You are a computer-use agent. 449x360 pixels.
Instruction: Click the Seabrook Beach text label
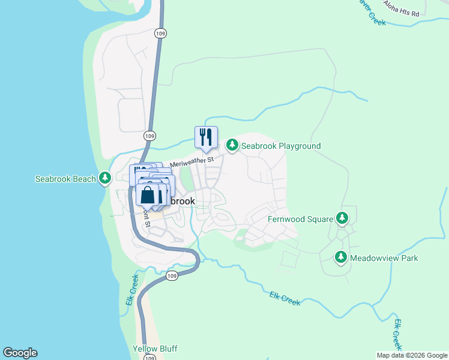[x=65, y=179]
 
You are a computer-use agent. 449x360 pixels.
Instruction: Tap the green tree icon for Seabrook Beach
[x=105, y=178]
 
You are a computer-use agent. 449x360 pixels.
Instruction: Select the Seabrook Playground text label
[x=281, y=146]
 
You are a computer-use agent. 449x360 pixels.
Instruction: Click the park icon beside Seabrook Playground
[x=232, y=145]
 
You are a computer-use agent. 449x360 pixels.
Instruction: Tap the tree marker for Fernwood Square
[x=342, y=218]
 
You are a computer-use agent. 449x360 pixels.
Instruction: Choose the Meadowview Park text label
[x=384, y=258]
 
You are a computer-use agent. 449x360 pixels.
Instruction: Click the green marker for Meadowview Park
[x=341, y=257]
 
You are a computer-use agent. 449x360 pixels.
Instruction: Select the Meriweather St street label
[x=191, y=162]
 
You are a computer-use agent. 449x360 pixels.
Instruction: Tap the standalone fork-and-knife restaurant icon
[x=206, y=137]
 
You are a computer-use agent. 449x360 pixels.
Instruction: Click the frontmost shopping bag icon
[x=148, y=195]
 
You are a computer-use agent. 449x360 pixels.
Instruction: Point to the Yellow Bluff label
[x=155, y=349]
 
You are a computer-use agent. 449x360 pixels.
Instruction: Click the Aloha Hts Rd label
[x=403, y=7]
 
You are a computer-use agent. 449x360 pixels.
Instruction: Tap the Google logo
[x=20, y=353]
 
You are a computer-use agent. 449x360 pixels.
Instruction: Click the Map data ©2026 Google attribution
[x=412, y=355]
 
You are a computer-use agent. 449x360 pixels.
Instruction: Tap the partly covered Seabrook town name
[x=182, y=201]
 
